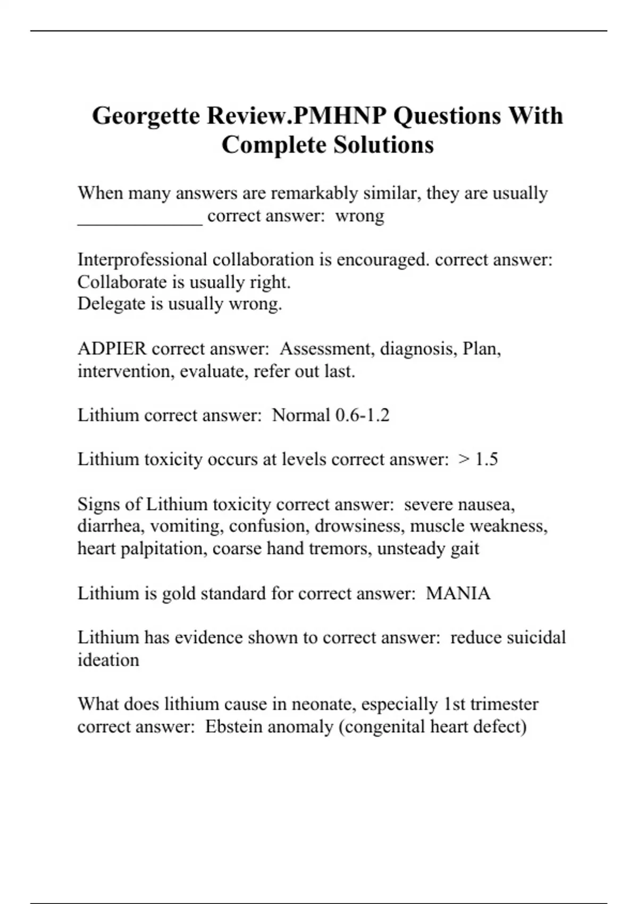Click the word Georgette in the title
pyautogui.click(x=146, y=116)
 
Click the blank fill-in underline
pyautogui.click(x=140, y=223)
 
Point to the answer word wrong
pyautogui.click(x=360, y=216)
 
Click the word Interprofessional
pyautogui.click(x=142, y=260)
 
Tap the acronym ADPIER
pyautogui.click(x=112, y=349)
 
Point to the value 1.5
pyautogui.click(x=486, y=459)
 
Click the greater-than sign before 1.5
pyautogui.click(x=464, y=459)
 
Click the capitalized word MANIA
pyautogui.click(x=458, y=593)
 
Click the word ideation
pyautogui.click(x=108, y=660)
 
